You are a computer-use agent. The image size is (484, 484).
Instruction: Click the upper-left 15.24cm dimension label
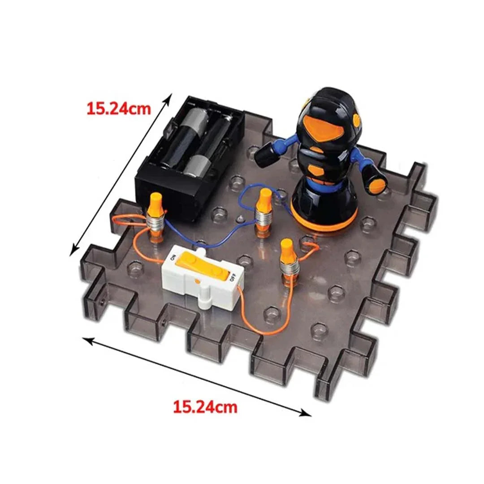coord(119,108)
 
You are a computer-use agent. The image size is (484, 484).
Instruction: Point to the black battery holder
coord(190,158)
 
